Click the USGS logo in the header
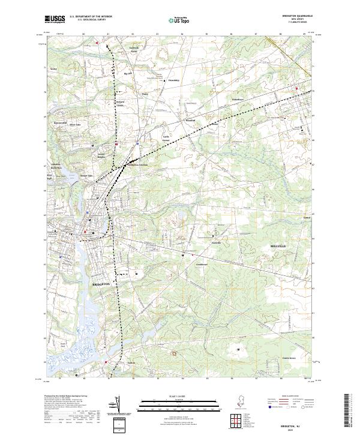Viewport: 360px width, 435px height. [55, 19]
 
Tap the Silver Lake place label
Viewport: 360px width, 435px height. [76, 124]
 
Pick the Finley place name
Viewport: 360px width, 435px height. [144, 94]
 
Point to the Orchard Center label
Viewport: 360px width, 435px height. [120, 103]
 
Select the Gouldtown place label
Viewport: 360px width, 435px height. [201, 264]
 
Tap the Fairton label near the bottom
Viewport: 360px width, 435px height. [131, 363]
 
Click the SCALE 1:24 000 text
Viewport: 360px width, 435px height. [180, 396]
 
